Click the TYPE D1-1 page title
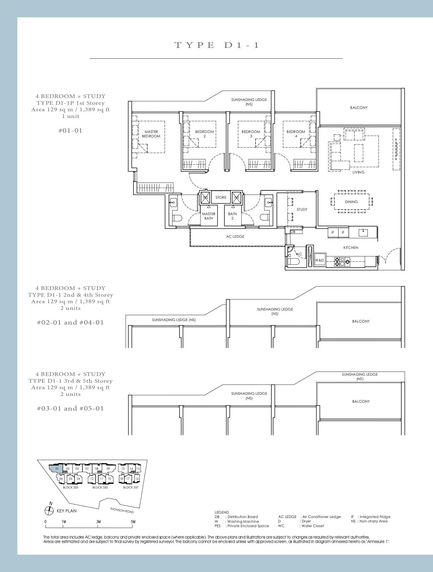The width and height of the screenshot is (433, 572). tap(217, 45)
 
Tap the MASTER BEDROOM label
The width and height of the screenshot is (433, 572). tap(151, 134)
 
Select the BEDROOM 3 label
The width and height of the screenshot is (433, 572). tap(251, 134)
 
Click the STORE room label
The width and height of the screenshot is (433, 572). tap(221, 198)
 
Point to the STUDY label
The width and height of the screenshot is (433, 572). tap(302, 210)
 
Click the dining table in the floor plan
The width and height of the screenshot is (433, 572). tap(351, 202)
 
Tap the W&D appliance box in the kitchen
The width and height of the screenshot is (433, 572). tap(319, 260)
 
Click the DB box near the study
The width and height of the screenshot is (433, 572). tap(293, 232)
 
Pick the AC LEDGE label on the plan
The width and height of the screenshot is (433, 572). tap(235, 237)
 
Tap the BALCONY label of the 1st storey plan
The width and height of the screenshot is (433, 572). tap(358, 108)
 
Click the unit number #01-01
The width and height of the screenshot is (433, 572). tap(70, 131)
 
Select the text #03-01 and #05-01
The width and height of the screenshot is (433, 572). tap(70, 409)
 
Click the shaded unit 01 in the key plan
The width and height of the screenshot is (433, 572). tap(57, 469)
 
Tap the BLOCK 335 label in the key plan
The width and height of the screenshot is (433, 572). tap(100, 487)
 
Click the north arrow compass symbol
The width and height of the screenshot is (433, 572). tap(49, 511)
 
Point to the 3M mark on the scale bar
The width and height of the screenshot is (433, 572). tap(99, 522)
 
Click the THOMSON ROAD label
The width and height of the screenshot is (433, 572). tap(122, 510)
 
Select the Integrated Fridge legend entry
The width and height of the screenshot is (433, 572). tap(371, 517)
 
